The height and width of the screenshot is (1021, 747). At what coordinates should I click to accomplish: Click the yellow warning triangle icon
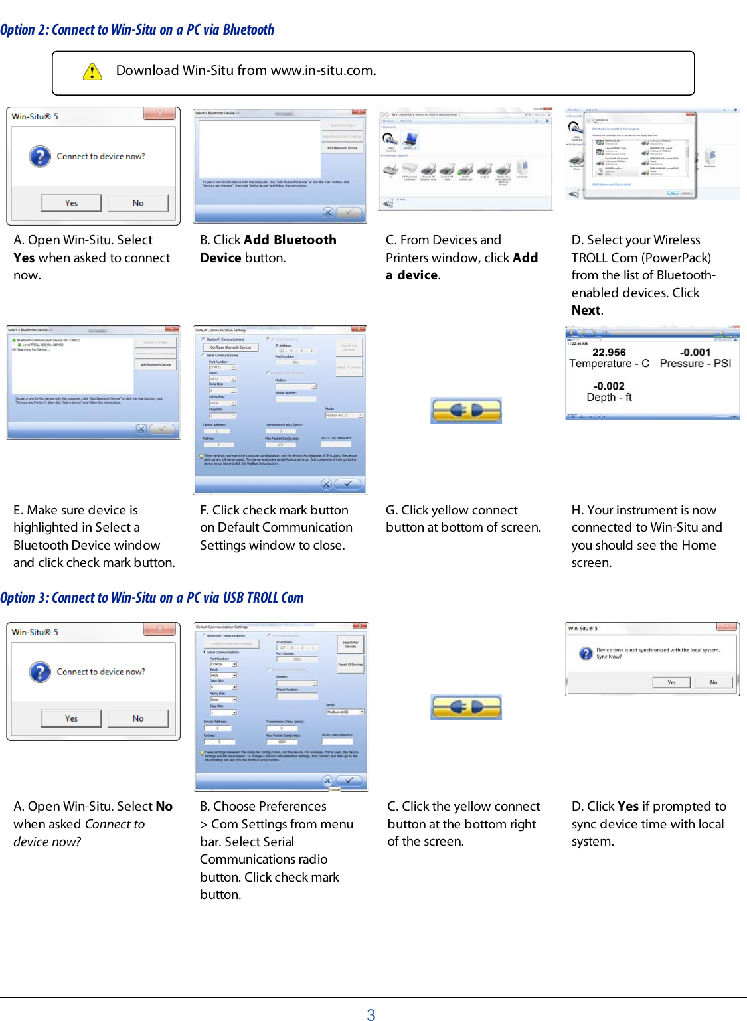[92, 72]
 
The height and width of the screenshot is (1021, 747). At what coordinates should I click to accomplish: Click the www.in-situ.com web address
[323, 70]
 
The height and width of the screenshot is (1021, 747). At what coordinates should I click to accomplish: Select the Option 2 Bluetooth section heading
[137, 30]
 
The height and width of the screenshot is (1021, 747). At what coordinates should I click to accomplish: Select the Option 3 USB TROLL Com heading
[151, 597]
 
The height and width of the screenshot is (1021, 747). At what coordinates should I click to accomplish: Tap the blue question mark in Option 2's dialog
[40, 157]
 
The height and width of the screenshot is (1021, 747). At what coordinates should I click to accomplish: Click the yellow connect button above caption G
[465, 411]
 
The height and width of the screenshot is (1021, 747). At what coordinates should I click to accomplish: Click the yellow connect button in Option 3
[465, 707]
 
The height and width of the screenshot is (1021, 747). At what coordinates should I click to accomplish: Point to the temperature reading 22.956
[609, 353]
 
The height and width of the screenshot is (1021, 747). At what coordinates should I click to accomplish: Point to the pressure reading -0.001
[695, 353]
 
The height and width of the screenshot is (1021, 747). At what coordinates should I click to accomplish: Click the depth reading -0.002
[609, 386]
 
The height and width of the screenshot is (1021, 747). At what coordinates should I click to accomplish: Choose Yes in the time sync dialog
[671, 682]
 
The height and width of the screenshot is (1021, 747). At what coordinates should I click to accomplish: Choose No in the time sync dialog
[714, 682]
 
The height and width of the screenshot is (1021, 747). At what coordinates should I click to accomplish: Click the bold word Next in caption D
[586, 310]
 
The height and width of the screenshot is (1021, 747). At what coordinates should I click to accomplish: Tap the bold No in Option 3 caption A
[164, 806]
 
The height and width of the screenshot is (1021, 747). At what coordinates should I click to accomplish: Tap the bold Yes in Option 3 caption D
[627, 806]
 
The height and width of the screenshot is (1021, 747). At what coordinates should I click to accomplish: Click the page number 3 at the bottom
[371, 1014]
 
